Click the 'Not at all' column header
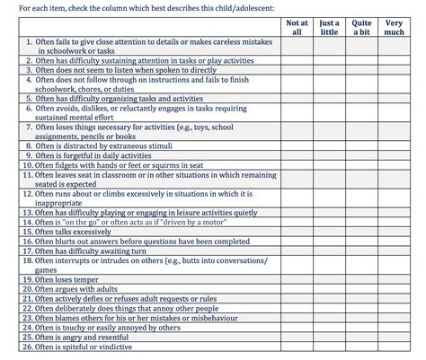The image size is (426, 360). pos(297,26)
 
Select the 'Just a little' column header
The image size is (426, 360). pos(329,26)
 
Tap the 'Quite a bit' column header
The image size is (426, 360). pos(361,26)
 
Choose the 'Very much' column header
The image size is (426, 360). pos(395,26)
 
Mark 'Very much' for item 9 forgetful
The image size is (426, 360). pos(395,155)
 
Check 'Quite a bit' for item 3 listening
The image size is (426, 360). pos(361,68)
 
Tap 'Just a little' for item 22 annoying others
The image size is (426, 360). pos(329,309)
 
